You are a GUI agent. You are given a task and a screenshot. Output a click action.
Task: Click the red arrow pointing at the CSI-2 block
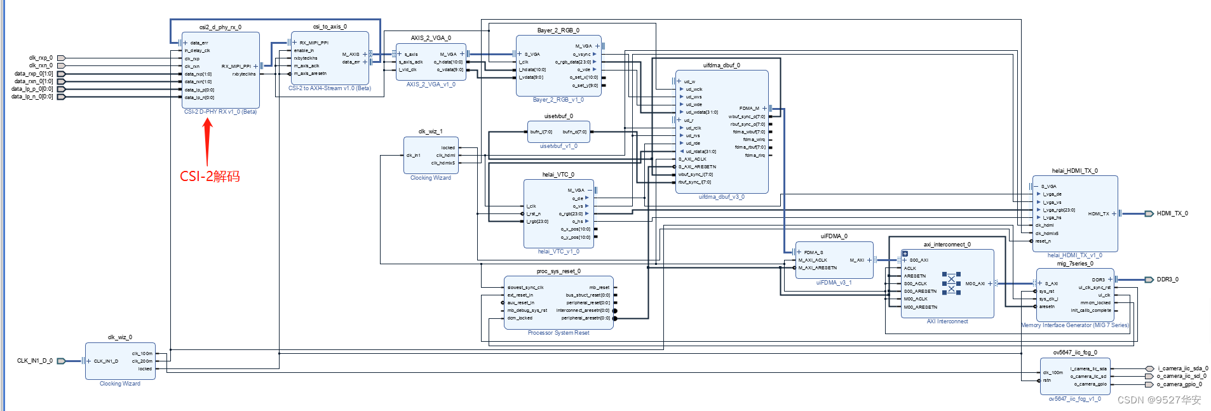(x=207, y=142)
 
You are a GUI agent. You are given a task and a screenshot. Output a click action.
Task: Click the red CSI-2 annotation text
(x=210, y=177)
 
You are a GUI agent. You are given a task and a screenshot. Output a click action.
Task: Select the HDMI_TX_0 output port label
(x=1172, y=213)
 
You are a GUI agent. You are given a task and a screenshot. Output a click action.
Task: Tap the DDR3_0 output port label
(x=1167, y=280)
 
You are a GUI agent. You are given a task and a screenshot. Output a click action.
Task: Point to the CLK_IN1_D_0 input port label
(x=35, y=361)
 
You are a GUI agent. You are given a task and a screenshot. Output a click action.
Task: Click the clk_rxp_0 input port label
(x=41, y=58)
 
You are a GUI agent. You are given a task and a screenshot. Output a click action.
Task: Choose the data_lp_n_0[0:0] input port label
(x=32, y=97)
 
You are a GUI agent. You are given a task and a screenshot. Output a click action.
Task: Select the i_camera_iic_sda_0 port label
(x=1182, y=368)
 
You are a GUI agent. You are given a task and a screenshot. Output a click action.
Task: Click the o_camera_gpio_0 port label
(x=1179, y=384)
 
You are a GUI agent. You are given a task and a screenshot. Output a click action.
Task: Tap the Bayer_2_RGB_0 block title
(x=558, y=30)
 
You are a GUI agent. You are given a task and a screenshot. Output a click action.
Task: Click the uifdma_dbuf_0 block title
(x=721, y=65)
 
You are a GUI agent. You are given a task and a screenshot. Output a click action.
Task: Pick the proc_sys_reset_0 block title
(x=558, y=271)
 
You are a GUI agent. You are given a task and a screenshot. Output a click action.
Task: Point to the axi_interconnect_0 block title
(x=947, y=245)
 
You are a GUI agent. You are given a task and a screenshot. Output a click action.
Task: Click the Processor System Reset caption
(x=558, y=333)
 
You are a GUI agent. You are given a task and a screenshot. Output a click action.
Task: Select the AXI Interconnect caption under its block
(x=947, y=321)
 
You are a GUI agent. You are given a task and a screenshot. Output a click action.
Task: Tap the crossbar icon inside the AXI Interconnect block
(x=951, y=283)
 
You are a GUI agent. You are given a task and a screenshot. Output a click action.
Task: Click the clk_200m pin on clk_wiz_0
(x=142, y=361)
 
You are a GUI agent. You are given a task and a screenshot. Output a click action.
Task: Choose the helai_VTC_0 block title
(x=558, y=175)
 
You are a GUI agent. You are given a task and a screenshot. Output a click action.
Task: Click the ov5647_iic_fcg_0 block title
(x=1075, y=353)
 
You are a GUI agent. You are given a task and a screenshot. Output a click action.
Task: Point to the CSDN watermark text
(x=1159, y=400)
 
